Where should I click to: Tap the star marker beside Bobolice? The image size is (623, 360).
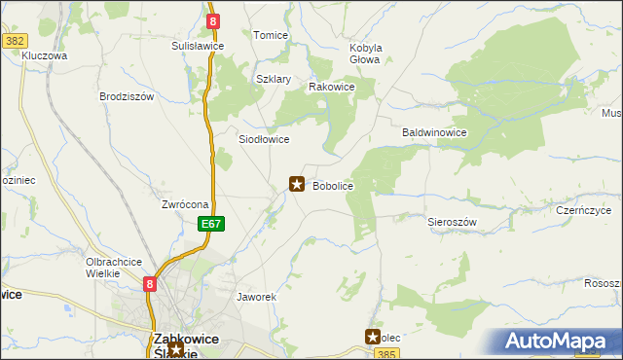(297, 183)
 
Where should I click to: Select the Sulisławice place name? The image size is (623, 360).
(198, 46)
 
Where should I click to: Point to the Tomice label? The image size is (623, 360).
(271, 35)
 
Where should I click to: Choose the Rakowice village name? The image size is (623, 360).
(331, 87)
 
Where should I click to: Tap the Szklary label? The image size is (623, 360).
(274, 80)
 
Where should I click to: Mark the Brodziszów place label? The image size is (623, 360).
(128, 97)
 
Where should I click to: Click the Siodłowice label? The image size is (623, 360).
(265, 139)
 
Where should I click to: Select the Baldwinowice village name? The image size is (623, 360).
(435, 132)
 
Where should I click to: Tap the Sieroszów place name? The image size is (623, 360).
(452, 222)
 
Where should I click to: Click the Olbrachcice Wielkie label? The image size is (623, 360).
(115, 268)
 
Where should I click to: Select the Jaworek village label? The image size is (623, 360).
(258, 296)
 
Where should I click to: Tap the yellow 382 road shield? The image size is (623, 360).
(14, 41)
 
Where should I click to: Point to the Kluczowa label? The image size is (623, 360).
(45, 56)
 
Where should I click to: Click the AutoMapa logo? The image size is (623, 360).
(560, 342)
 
